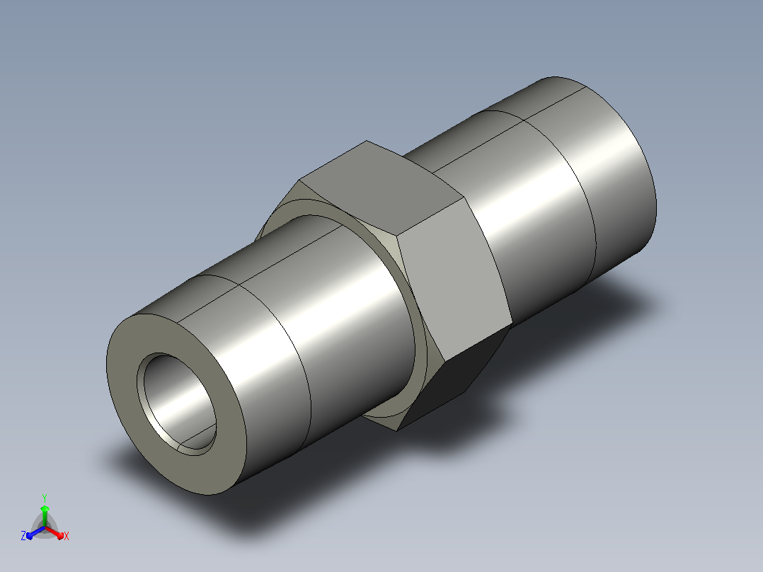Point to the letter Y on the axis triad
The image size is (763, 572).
(45, 498)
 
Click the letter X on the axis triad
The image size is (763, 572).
(67, 536)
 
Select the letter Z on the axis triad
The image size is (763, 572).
(23, 535)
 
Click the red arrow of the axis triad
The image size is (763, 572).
(54, 532)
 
